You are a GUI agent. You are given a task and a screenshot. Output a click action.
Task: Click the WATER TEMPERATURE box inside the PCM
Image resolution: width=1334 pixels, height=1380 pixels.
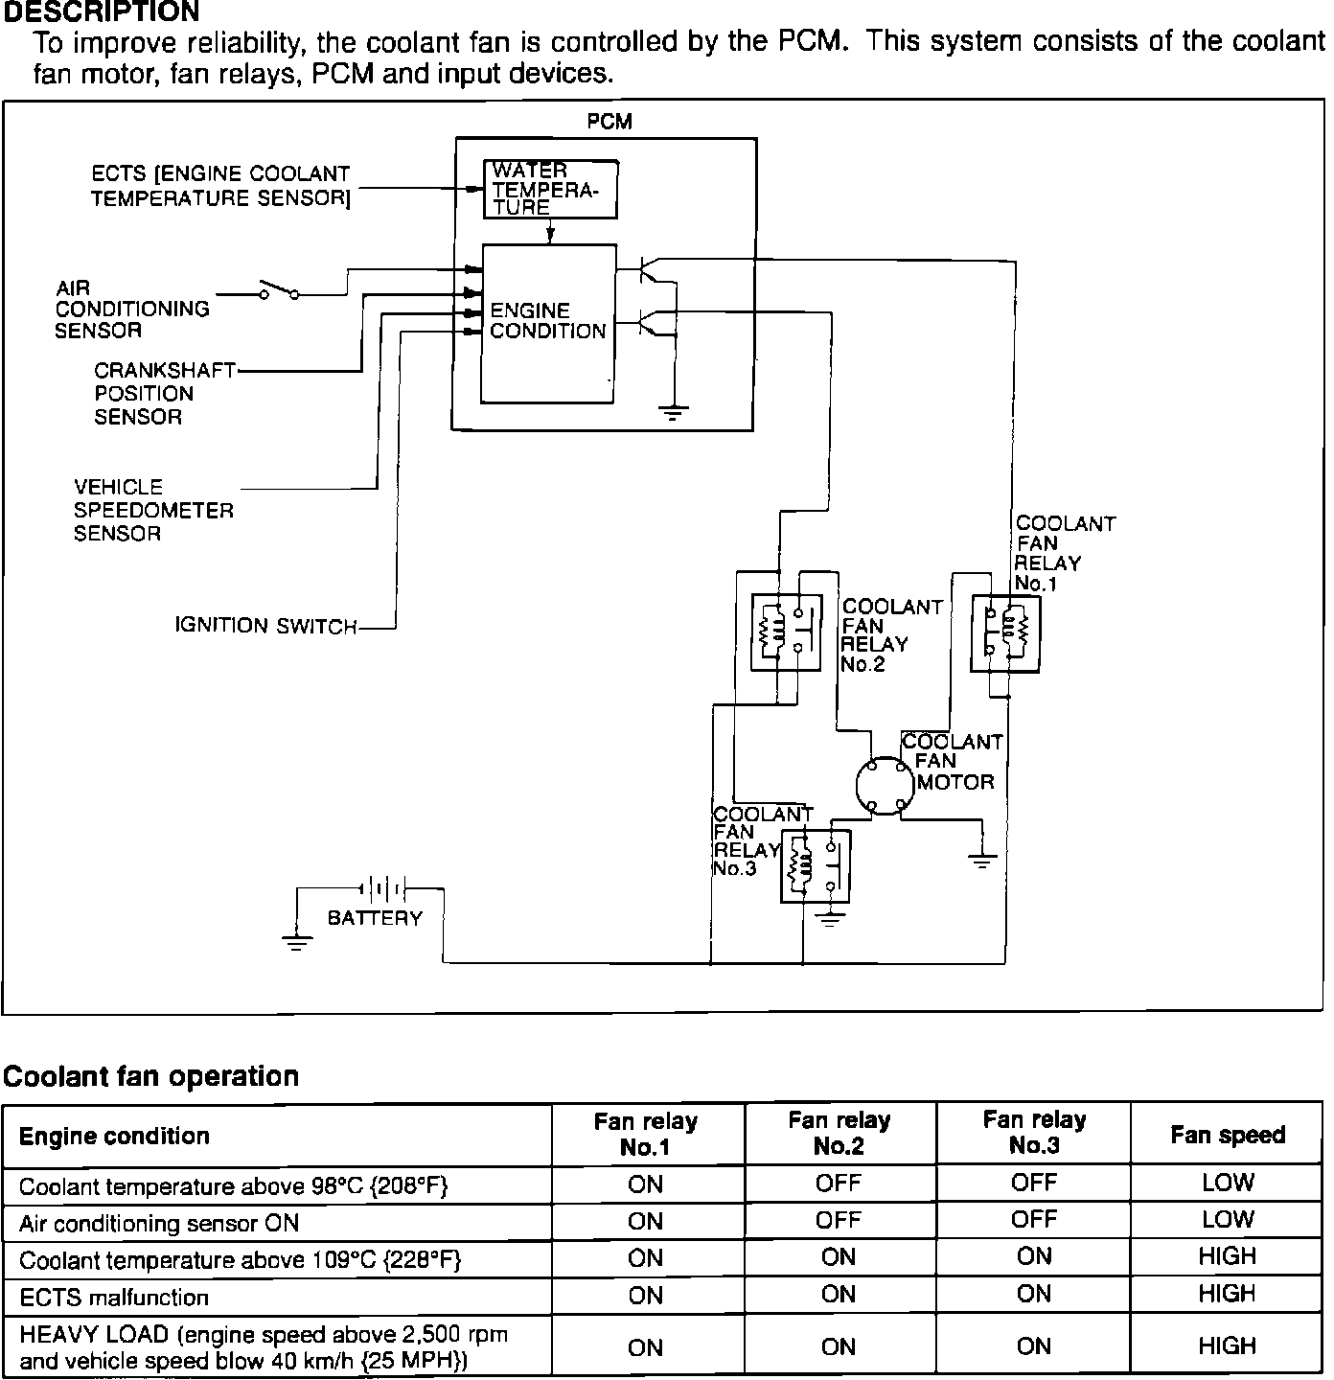[x=549, y=189]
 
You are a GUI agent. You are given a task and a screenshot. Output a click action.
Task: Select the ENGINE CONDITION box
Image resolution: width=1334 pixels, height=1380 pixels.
[x=548, y=323]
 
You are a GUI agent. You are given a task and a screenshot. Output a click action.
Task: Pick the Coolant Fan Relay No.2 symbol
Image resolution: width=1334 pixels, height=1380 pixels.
[x=785, y=633]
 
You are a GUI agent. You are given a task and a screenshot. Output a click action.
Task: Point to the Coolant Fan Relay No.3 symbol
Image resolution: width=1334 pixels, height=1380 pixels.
[x=816, y=865]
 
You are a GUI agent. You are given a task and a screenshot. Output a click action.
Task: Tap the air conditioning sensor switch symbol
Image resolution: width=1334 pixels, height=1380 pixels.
[x=279, y=290]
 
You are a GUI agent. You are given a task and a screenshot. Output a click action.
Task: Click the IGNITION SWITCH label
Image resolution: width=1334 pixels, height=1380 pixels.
[x=265, y=626]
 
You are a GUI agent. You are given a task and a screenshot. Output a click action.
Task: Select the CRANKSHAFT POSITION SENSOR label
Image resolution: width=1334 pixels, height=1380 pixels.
[x=164, y=393]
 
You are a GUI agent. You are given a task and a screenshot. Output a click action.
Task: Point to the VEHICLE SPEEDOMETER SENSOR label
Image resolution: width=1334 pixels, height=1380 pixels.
[x=153, y=510]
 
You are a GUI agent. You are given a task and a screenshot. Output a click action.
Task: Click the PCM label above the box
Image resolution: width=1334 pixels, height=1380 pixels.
[x=609, y=122]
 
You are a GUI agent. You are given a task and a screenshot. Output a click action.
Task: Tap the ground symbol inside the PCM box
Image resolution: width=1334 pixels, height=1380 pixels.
[x=675, y=413]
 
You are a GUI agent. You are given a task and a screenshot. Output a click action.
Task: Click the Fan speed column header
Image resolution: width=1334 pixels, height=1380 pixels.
[x=1227, y=1136]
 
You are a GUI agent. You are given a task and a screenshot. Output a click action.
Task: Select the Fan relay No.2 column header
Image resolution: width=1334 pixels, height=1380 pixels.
[x=839, y=1134]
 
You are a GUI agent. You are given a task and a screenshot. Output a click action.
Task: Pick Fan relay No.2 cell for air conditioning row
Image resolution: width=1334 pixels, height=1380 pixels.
[x=839, y=1221]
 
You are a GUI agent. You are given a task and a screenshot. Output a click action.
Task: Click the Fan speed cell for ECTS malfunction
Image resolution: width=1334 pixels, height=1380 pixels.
[x=1227, y=1295]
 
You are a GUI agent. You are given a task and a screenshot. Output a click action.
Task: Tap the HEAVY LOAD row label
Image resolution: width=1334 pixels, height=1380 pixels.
[x=264, y=1346]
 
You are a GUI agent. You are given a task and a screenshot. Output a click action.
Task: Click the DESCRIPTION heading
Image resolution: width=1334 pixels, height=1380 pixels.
[x=101, y=12]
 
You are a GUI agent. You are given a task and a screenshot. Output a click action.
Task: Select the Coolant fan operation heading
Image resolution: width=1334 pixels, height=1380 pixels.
[x=151, y=1076]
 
